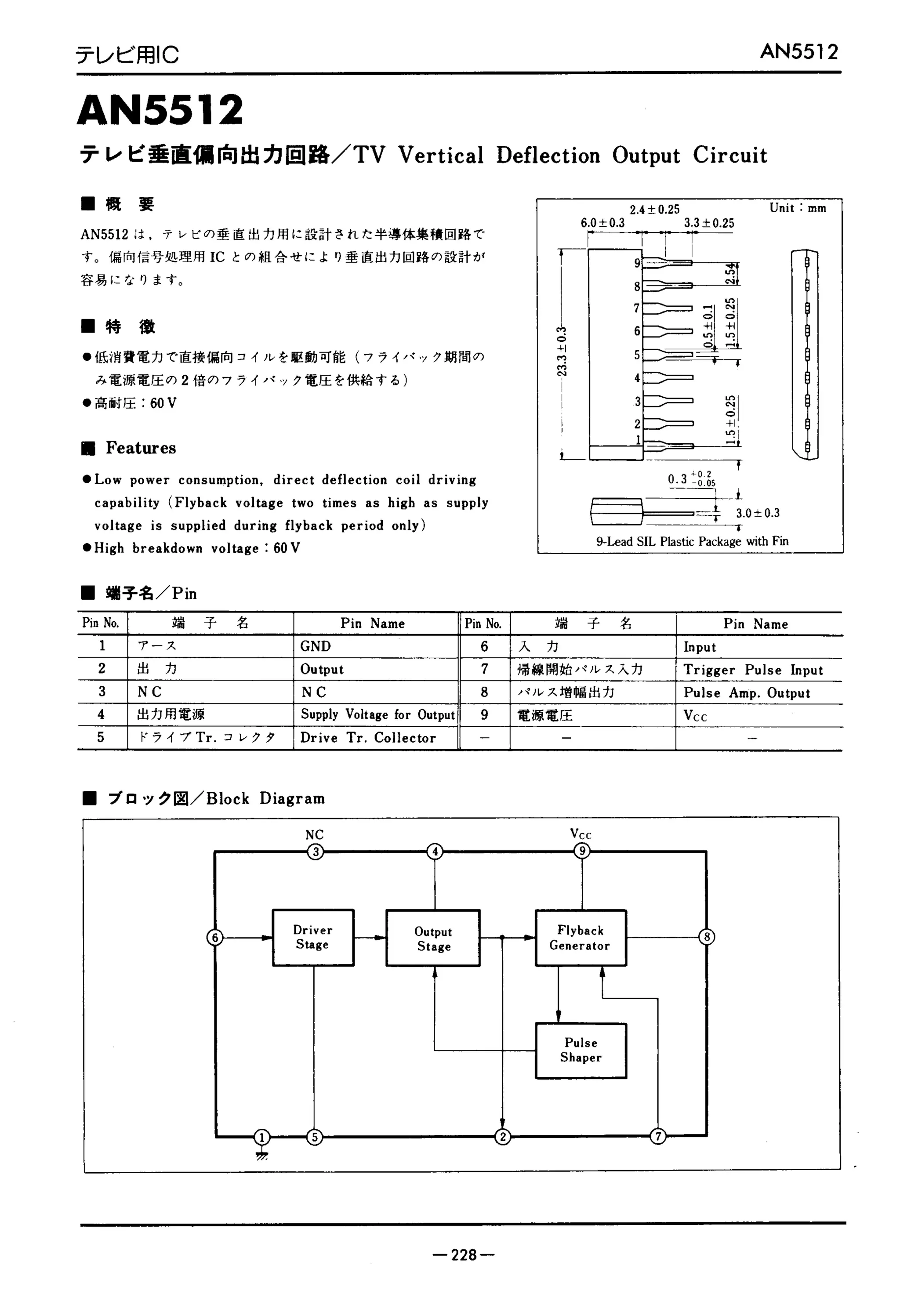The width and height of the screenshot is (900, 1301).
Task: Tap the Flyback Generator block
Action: tap(580, 938)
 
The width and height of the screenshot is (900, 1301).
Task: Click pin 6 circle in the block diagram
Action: tap(215, 938)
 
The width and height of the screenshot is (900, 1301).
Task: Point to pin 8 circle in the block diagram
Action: tap(707, 937)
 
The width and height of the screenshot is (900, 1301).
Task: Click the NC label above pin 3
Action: tap(315, 835)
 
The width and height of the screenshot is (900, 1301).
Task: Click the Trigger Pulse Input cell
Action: tap(753, 670)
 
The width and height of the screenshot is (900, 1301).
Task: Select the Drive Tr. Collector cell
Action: tap(368, 738)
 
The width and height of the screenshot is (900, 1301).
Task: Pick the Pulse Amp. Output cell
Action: tap(747, 693)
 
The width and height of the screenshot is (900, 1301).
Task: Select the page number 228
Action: tap(464, 1254)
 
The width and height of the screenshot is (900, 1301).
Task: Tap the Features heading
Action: tap(141, 448)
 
